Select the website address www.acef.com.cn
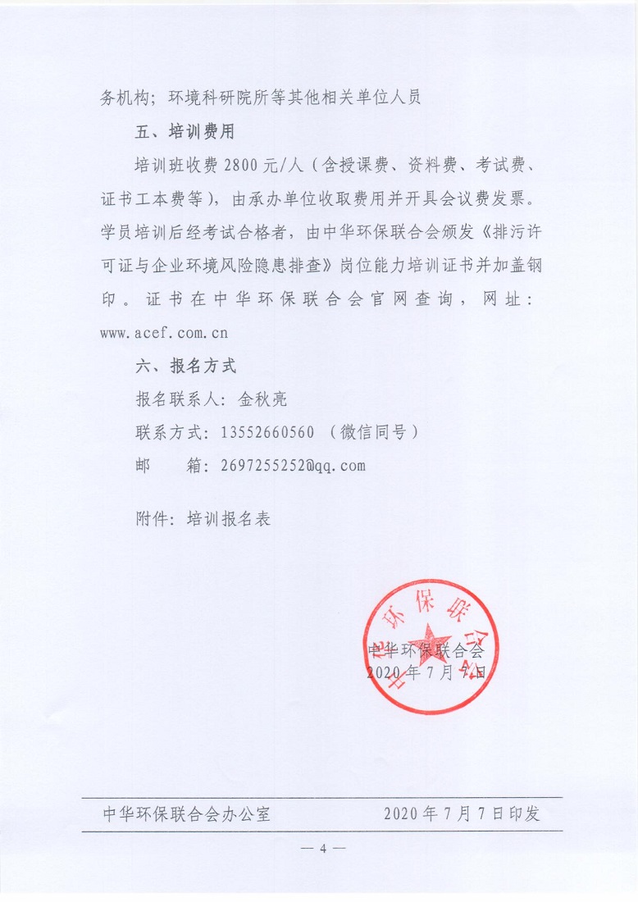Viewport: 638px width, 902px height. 163,333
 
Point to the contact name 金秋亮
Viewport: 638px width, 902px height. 262,399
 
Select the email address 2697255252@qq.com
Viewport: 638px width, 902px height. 293,467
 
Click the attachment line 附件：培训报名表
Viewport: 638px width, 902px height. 203,518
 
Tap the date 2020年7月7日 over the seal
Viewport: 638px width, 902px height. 427,672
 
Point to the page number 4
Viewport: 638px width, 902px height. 322,848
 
